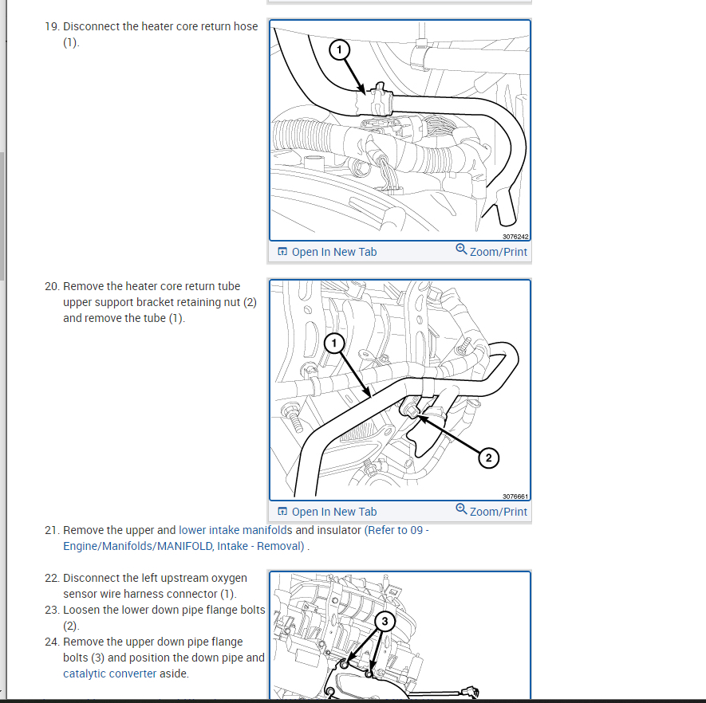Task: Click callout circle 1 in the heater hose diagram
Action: (x=339, y=49)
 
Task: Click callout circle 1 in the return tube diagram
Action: (x=334, y=344)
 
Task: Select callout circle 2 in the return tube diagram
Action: (x=488, y=458)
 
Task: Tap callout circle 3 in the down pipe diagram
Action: (x=385, y=622)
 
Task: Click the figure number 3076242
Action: (x=515, y=237)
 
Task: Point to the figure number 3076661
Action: (x=515, y=497)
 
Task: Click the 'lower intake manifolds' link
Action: (x=235, y=530)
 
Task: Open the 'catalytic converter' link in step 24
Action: (x=110, y=674)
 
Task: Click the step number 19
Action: (x=52, y=26)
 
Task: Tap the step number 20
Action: (x=52, y=286)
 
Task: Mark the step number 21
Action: (x=52, y=530)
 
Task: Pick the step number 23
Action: (x=52, y=610)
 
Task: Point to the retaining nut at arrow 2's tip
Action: (x=411, y=410)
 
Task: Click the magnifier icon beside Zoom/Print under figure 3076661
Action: (x=461, y=509)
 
